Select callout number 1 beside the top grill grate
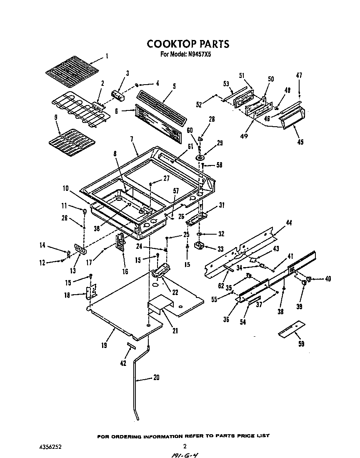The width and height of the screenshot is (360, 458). pos(107,55)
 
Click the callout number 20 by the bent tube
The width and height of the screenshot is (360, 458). pos(156,378)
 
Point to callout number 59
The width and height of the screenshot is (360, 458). pos(301,344)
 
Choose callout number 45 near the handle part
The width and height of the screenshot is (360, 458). pos(300,142)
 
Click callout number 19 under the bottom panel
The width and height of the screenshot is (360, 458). pos(104,345)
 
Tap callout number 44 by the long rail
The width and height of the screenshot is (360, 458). pos(289,223)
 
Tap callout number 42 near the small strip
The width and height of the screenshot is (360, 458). pos(123,363)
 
